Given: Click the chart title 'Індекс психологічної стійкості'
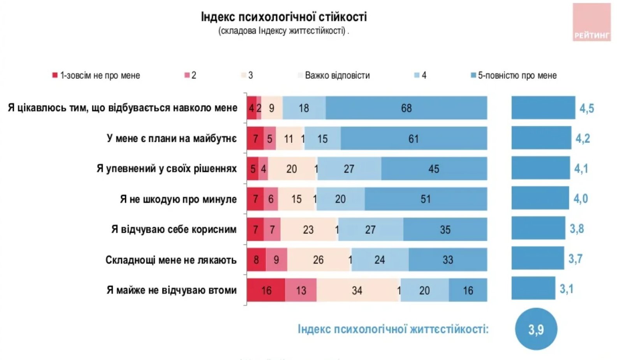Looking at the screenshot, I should pos(283,17).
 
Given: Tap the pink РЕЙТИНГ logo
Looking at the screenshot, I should pos(591,23).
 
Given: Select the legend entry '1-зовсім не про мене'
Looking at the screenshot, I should pos(96,75).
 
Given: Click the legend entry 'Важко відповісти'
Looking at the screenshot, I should pos(334,75).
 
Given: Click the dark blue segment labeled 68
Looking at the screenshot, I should pos(406,108).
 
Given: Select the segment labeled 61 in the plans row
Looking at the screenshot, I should pos(414,138).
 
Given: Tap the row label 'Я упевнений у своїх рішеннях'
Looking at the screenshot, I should pos(167,169).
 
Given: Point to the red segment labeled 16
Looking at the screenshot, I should pos(266,290).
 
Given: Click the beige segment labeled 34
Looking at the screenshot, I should pos(357,290).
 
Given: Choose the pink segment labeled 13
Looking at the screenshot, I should pos(301,290).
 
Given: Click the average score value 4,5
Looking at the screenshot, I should pos(586,108).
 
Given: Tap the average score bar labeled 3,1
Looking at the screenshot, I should pos(533,288).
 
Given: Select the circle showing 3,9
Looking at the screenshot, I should pos(536,329).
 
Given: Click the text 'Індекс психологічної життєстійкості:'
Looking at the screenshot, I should pos(393,329).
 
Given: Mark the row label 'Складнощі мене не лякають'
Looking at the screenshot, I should pos(171,260).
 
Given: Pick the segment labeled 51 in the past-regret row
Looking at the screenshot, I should pos(425,199).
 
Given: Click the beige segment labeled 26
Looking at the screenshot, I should pos(318,260).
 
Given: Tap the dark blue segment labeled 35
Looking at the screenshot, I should pos(445,229).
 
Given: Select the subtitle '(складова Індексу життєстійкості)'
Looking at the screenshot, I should pos(283,31).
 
